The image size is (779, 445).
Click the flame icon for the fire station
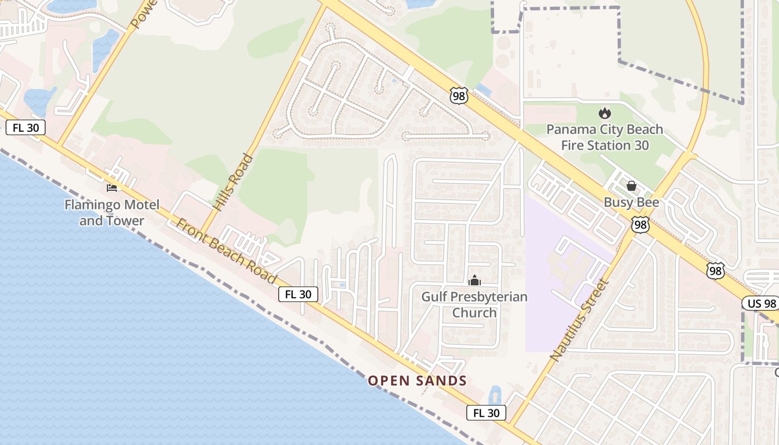(604, 113)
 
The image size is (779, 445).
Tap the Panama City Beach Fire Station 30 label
(604, 137)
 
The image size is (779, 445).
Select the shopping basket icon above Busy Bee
(632, 186)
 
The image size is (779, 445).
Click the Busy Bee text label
(632, 202)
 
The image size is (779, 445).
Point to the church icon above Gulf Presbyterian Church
(474, 280)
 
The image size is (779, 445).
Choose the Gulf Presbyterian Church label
(474, 304)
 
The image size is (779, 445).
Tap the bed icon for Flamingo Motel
(112, 187)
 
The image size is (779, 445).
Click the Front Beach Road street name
(226, 251)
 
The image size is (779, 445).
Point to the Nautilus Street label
(580, 320)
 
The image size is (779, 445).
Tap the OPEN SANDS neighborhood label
(417, 381)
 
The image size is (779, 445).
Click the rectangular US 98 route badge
(760, 303)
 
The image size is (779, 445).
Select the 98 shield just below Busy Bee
(640, 225)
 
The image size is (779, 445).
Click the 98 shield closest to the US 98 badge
(716, 270)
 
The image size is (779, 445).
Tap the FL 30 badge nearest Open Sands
(486, 413)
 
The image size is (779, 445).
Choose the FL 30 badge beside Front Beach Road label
(298, 294)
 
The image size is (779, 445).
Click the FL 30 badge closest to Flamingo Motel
(26, 127)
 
